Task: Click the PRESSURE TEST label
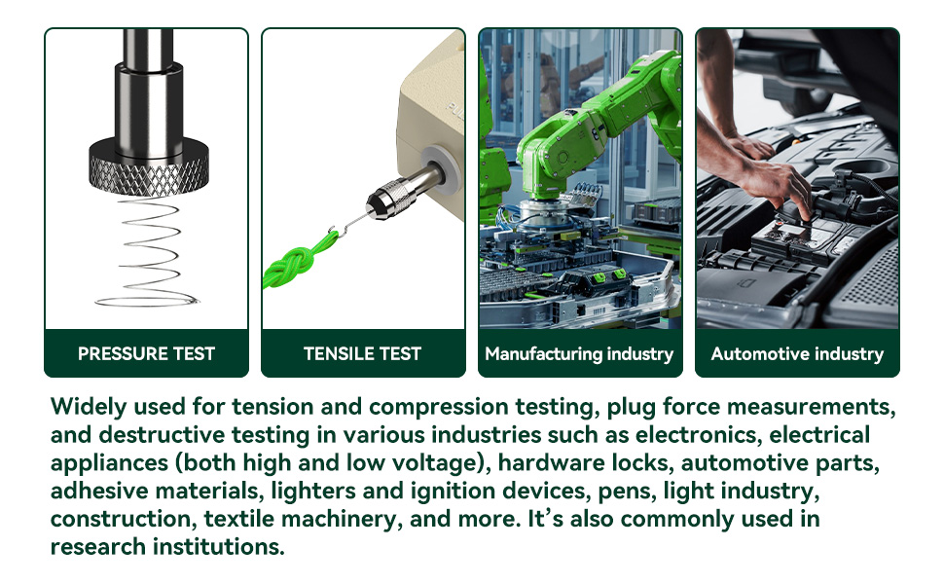pos(146,353)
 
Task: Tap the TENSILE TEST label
pos(362,353)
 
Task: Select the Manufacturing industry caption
pos(579,354)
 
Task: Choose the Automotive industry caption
pos(797,354)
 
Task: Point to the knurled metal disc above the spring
pos(149,167)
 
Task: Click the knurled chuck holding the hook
pos(388,199)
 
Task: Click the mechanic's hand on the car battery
pos(777,187)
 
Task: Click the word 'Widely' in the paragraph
pos(89,408)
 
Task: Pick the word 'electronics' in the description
pos(699,435)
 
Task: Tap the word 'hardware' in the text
pos(549,463)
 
